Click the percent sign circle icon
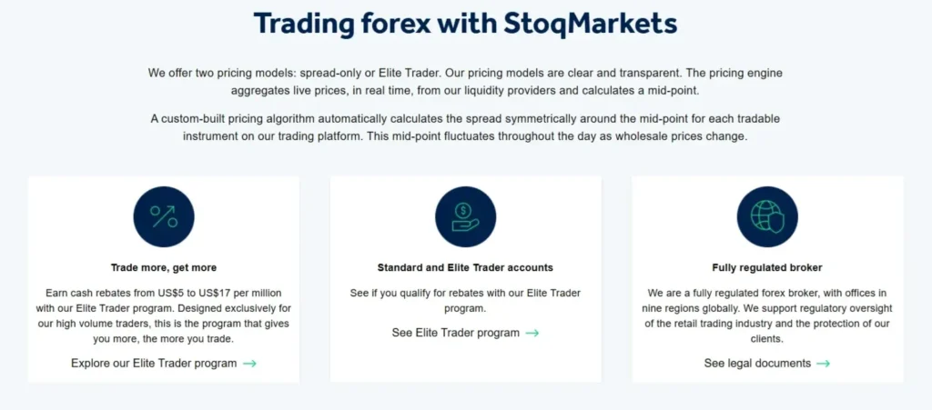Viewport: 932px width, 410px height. (164, 216)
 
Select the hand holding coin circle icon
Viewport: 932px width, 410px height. (465, 216)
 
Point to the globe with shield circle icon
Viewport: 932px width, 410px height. (766, 216)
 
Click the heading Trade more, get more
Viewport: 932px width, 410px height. (164, 268)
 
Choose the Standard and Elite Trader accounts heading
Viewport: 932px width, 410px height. (465, 268)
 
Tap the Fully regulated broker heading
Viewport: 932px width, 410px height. (766, 268)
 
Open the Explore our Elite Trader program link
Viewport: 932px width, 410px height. (154, 364)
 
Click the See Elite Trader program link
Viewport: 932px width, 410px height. (455, 333)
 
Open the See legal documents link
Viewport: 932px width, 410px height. (757, 364)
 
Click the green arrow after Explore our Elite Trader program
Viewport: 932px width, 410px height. (249, 364)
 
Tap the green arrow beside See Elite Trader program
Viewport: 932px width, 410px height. (532, 333)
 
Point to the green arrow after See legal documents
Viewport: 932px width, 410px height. (823, 364)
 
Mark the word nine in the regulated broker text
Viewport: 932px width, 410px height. (662, 308)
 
